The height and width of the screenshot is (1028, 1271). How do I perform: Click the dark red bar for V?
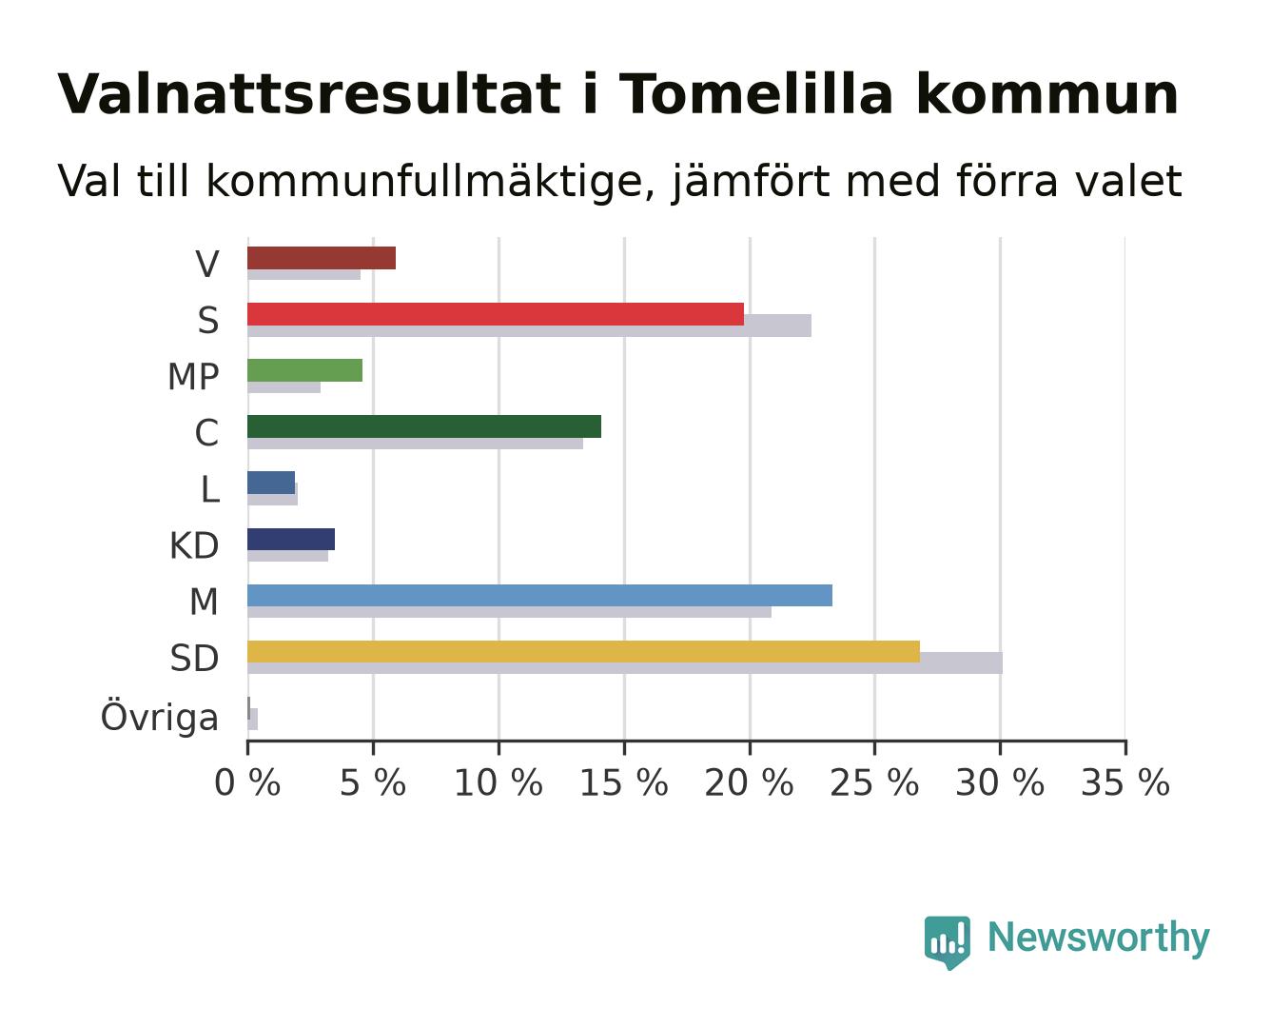click(x=321, y=258)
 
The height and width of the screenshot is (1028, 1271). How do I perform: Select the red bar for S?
click(x=496, y=314)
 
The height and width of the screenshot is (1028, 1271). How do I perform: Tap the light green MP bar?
click(x=305, y=370)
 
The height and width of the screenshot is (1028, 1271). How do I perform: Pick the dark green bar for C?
click(x=424, y=426)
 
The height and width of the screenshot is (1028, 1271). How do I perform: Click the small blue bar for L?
click(x=271, y=483)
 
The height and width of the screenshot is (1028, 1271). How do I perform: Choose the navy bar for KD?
click(x=291, y=539)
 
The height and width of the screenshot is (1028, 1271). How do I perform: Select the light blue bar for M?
click(x=539, y=595)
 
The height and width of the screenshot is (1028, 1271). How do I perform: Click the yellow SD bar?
click(x=583, y=651)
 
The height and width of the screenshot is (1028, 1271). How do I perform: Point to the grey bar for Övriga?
click(x=253, y=719)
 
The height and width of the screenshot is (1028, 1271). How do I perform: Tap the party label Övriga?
click(x=159, y=716)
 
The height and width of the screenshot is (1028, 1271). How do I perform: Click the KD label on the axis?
click(x=194, y=545)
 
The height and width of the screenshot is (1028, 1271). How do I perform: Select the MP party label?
click(x=193, y=377)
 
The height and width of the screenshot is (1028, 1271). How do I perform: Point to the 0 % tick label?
click(x=247, y=782)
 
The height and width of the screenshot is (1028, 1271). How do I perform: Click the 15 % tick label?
click(x=623, y=782)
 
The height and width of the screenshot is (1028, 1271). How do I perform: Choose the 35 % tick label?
click(x=1125, y=782)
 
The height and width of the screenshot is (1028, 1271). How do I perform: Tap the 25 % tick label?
click(x=874, y=782)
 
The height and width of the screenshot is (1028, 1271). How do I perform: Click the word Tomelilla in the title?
click(x=755, y=94)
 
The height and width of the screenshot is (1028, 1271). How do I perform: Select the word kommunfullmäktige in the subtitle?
click(x=430, y=182)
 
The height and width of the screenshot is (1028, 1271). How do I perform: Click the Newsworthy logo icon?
click(x=947, y=942)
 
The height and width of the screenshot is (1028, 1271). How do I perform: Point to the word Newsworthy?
click(x=1099, y=939)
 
